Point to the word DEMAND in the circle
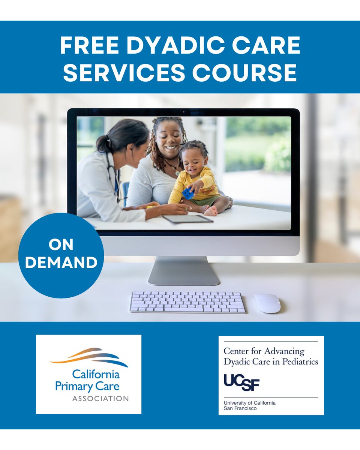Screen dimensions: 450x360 click(61, 262)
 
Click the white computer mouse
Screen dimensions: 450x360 click(267, 303)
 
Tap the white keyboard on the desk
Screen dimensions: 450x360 click(188, 302)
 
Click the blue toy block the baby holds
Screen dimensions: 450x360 click(188, 193)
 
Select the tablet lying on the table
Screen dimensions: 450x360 click(188, 219)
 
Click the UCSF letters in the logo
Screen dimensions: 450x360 click(241, 382)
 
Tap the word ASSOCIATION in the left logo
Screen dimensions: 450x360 click(100, 398)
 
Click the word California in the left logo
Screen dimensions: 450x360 click(96, 374)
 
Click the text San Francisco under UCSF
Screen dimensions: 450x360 click(240, 408)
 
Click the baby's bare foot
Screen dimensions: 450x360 click(211, 212)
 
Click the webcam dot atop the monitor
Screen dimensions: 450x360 click(183, 112)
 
